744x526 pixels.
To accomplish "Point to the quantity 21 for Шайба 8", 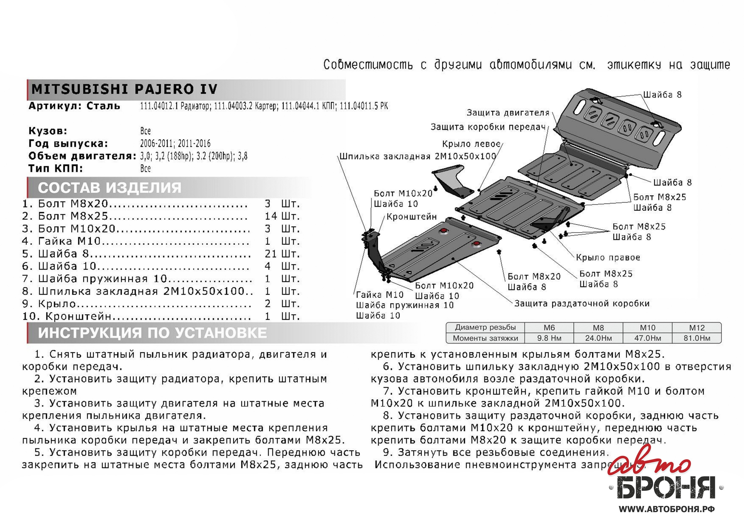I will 271,254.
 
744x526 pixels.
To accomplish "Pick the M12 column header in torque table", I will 697,328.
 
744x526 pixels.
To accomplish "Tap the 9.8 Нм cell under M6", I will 549,338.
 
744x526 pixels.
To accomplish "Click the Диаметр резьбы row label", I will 485,327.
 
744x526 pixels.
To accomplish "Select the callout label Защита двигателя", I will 508,113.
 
